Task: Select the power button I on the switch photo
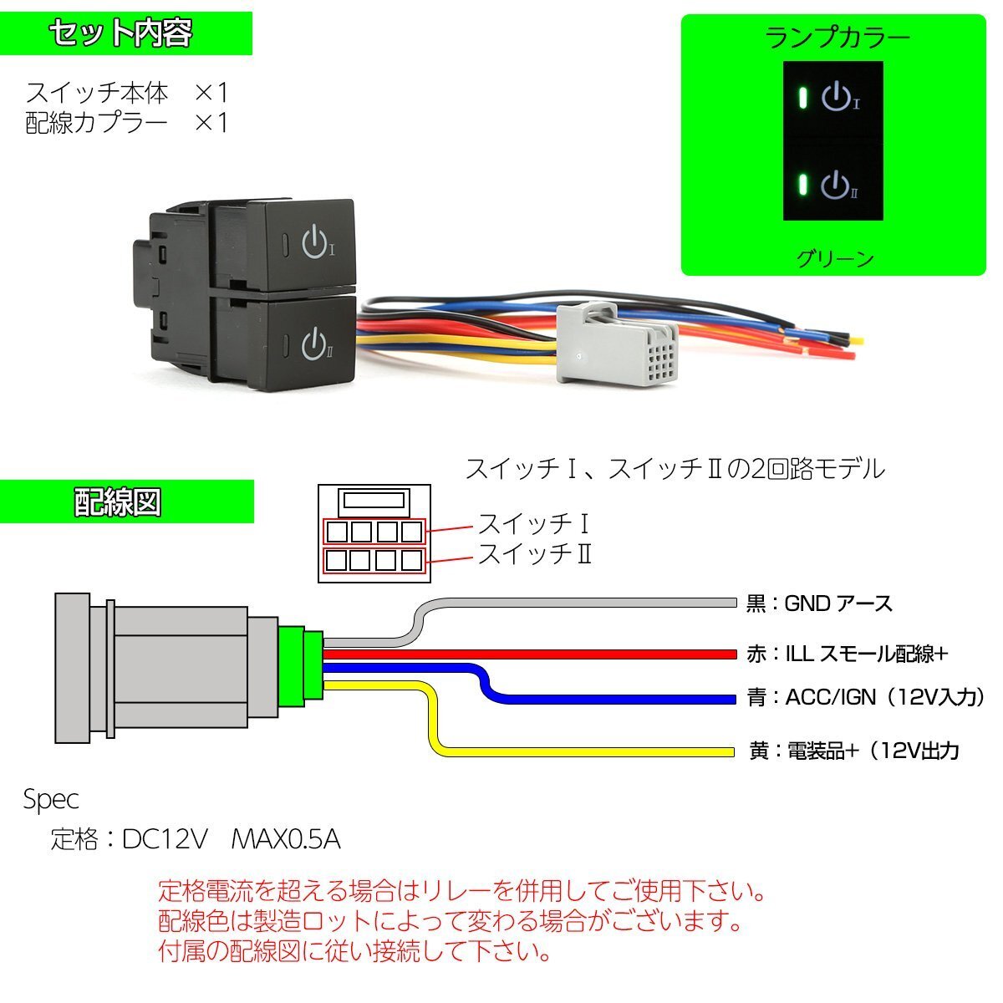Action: tap(313, 241)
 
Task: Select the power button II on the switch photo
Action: tap(313, 343)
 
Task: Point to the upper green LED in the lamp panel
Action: tap(803, 98)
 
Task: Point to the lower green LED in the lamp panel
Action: tap(803, 184)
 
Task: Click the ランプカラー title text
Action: tap(838, 38)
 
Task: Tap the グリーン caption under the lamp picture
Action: tap(835, 258)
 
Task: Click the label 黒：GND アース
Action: tap(819, 603)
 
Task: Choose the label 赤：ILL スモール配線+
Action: tap(847, 654)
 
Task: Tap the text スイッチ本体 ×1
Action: tap(126, 91)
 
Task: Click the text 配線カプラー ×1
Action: tap(126, 123)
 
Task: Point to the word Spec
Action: tap(51, 800)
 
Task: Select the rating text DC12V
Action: tap(164, 838)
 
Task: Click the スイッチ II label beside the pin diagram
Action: tap(535, 554)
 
